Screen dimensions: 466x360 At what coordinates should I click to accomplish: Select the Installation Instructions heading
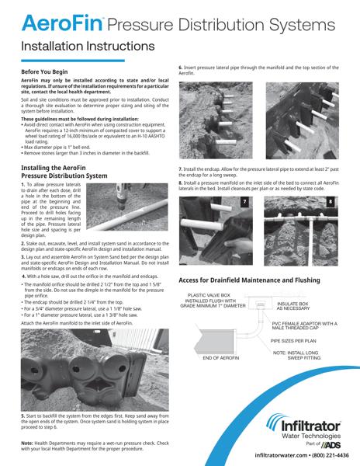[89, 47]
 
